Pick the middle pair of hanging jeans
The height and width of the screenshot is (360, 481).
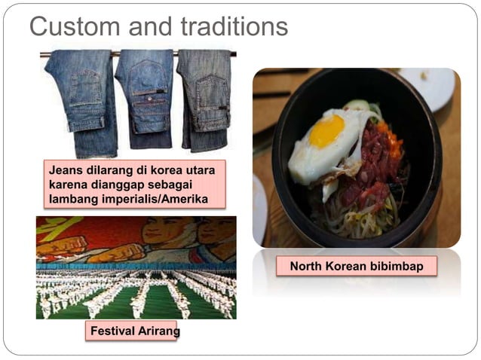click(x=145, y=98)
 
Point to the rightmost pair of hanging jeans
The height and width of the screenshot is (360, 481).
click(x=204, y=98)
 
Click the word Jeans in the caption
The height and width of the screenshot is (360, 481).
click(x=65, y=171)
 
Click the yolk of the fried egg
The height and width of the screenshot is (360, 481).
click(x=327, y=131)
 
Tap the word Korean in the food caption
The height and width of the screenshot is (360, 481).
click(x=346, y=267)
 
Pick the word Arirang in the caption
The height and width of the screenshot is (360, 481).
click(x=155, y=331)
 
